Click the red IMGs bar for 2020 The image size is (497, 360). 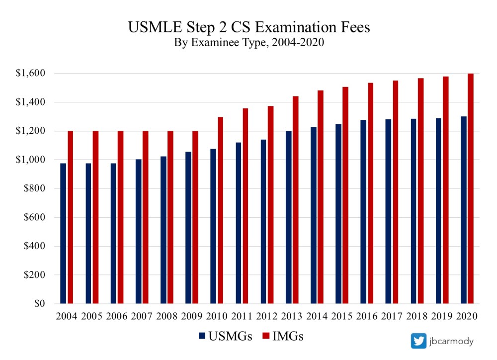coord(470,188)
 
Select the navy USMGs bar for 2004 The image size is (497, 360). coord(63,233)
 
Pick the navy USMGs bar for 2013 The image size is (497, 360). coord(288,217)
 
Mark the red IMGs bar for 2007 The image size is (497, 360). coord(145,217)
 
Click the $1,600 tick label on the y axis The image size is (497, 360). coord(31,74)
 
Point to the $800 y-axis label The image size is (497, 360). coord(35,188)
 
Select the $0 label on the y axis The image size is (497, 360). coord(39,303)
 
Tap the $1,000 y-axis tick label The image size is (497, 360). coord(31,160)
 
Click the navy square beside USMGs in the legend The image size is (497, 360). coord(201,337)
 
